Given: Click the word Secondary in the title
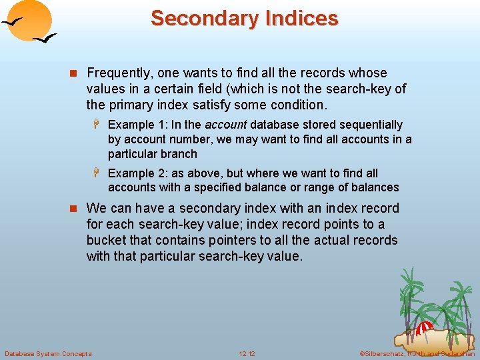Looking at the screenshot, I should tap(197, 18).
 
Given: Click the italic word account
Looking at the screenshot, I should tap(226, 125).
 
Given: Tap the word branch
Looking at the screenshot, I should tap(179, 153).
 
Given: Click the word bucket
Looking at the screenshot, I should tap(105, 240).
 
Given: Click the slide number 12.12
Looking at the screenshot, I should tap(247, 353).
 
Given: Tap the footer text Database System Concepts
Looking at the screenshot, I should tap(48, 353).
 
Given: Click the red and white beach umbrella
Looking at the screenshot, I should tap(425, 327).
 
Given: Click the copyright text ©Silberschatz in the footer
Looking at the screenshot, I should tap(383, 353).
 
